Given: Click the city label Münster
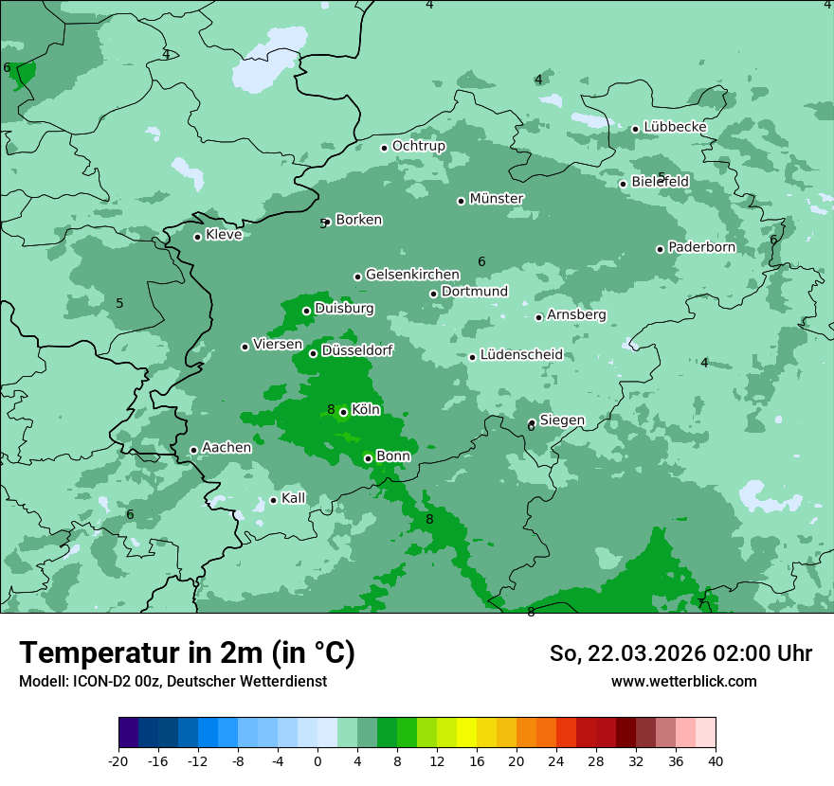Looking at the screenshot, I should [497, 199].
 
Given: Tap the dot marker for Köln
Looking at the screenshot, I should [343, 412].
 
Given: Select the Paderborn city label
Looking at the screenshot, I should [702, 247].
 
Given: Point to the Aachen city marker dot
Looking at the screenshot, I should [193, 451].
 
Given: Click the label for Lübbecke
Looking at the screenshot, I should [676, 127].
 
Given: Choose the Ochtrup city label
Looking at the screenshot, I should [419, 146].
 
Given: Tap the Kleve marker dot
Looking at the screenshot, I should [197, 237].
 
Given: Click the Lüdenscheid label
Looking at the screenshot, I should [521, 355].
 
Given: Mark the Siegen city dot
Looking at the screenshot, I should [532, 423].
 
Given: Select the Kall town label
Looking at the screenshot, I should [294, 498].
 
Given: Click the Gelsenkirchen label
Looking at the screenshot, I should [412, 275].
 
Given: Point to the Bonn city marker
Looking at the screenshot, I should [368, 458].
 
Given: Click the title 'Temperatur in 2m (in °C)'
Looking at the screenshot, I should [188, 652].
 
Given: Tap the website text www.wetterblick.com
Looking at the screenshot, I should [684, 681].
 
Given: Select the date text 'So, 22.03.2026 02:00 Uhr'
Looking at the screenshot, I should [680, 653].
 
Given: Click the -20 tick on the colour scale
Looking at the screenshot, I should [118, 760].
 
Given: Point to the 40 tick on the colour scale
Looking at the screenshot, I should [716, 760].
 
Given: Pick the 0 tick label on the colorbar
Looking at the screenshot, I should [317, 760].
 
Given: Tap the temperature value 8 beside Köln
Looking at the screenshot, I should [331, 410].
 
